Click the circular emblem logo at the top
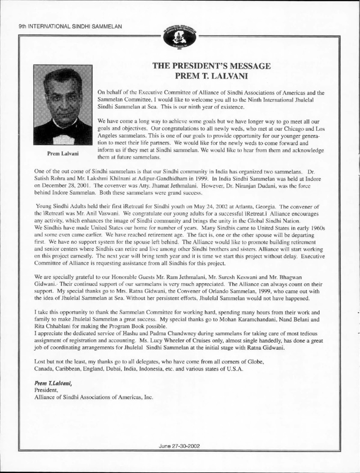tap(180, 38)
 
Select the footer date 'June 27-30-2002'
tap(180, 446)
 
